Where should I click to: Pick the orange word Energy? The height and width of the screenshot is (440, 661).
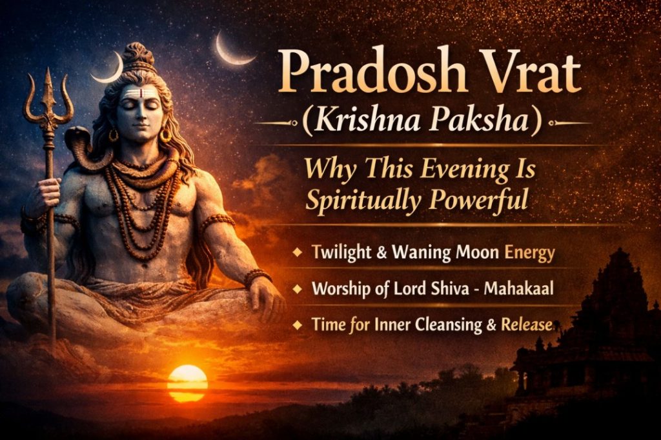(529, 252)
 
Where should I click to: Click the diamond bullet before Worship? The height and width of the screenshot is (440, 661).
(297, 288)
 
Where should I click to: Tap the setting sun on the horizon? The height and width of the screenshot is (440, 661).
(187, 383)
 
